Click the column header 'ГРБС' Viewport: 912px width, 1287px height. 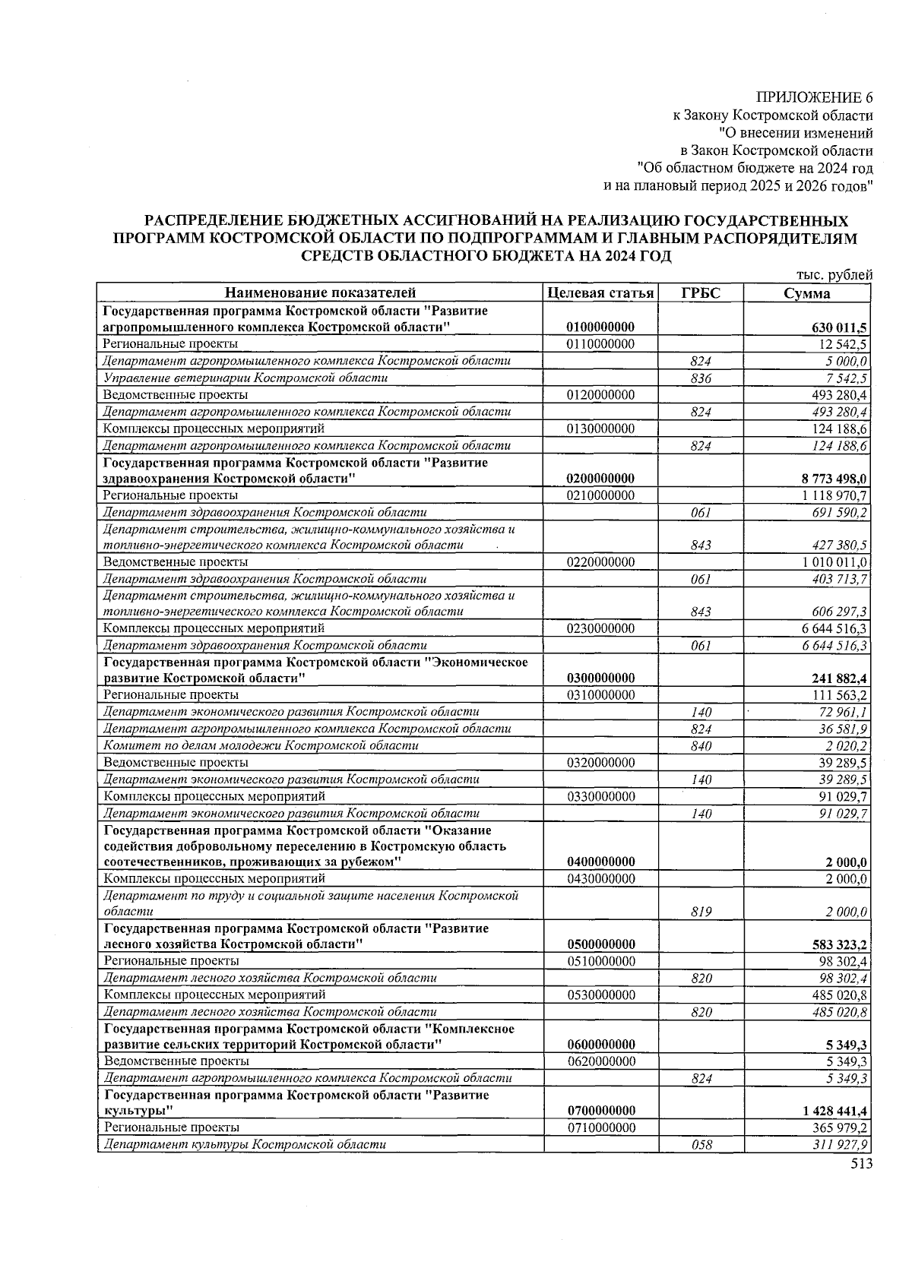(x=701, y=293)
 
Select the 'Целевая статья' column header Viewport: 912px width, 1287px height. (x=600, y=293)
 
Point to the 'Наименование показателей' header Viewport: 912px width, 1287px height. (x=321, y=293)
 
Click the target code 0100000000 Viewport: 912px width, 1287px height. (x=600, y=327)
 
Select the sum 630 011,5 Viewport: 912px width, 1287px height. (x=839, y=327)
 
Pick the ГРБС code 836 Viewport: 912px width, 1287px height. (x=701, y=378)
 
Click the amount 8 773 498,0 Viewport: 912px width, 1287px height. (x=834, y=479)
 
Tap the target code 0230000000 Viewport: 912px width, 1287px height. (x=600, y=628)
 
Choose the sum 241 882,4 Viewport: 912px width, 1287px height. (x=839, y=678)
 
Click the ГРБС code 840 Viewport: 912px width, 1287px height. (x=701, y=746)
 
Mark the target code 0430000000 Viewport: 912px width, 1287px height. (x=600, y=878)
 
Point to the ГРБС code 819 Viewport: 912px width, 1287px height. (x=701, y=912)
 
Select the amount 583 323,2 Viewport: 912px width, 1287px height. (x=839, y=945)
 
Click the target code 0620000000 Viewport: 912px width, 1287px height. (x=600, y=1061)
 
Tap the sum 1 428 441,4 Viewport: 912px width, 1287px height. (x=834, y=1111)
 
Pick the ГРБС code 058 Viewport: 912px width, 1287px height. (x=701, y=1144)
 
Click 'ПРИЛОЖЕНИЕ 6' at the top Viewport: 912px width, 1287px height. (x=814, y=97)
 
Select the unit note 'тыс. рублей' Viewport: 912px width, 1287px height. (x=834, y=275)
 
